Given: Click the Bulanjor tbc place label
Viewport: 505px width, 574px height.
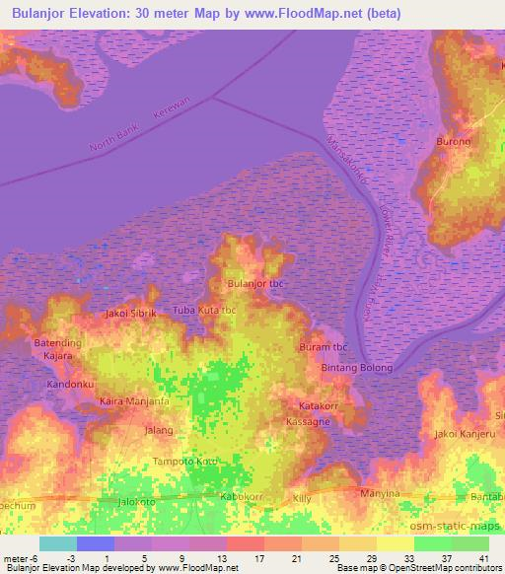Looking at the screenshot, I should tap(255, 284).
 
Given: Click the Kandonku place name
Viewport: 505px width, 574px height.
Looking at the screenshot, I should tap(69, 382).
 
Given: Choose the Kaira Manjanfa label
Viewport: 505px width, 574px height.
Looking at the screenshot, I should tap(135, 401).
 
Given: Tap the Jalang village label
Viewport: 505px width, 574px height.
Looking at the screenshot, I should tap(159, 431).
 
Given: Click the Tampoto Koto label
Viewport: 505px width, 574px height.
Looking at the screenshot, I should tap(185, 461).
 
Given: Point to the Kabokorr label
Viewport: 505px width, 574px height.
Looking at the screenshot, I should tap(242, 496).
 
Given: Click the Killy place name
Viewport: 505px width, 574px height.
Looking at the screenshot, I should tap(302, 500).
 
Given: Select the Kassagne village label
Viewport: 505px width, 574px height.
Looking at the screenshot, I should tap(309, 421).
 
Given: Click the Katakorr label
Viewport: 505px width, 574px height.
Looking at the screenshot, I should tap(321, 405).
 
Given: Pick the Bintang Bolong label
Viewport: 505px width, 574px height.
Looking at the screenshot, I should tap(356, 368).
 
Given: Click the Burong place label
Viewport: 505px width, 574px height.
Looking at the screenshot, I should tap(454, 141).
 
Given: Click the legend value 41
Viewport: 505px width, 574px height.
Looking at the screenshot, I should tap(483, 558).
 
